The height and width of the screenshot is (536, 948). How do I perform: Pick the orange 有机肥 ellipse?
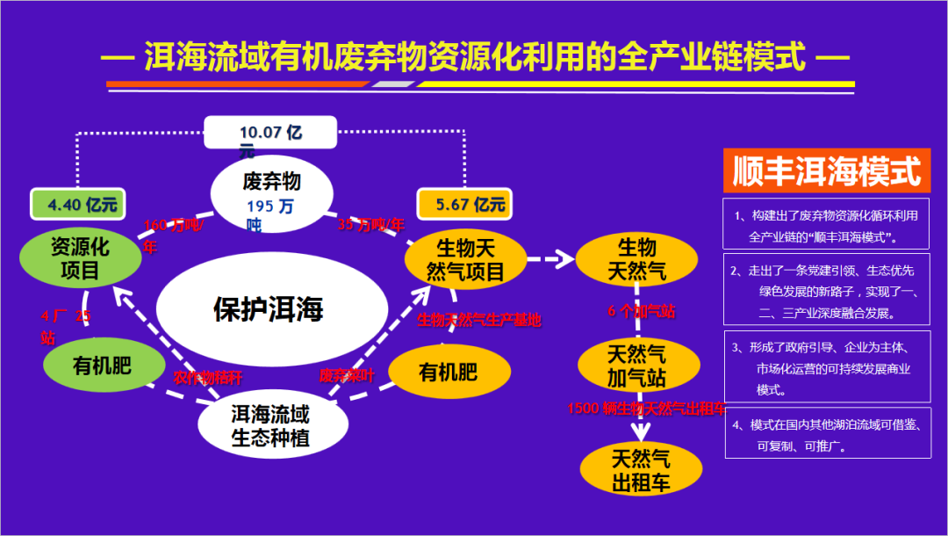tap(448, 372)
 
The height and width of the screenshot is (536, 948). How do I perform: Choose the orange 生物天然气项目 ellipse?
tap(464, 259)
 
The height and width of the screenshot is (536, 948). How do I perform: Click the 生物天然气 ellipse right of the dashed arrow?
tap(636, 258)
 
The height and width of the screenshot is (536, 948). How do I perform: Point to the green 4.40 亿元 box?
tap(78, 205)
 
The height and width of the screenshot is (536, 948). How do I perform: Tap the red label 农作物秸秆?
tap(207, 377)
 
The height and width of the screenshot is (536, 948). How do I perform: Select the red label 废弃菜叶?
tap(347, 375)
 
